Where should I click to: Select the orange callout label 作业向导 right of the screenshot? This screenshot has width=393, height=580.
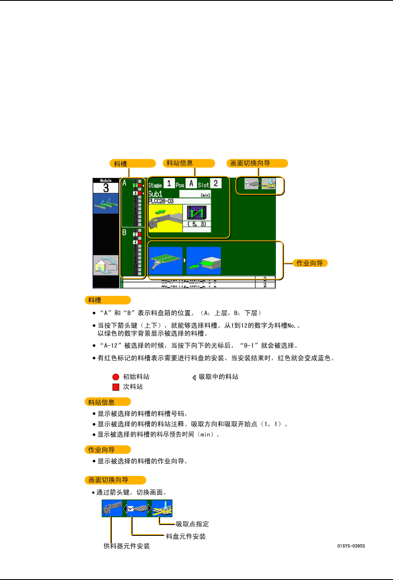click(310, 263)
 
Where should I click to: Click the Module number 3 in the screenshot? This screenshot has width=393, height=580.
click(106, 188)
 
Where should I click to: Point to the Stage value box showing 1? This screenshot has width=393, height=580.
click(169, 183)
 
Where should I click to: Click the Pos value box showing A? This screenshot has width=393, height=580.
click(191, 183)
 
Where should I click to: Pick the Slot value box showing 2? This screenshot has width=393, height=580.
click(215, 183)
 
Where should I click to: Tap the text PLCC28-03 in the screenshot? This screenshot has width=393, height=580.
click(161, 201)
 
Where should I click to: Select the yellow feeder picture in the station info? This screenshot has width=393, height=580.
click(165, 218)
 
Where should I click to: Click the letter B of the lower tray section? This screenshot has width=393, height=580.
click(124, 232)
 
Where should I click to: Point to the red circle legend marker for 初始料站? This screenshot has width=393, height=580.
click(116, 377)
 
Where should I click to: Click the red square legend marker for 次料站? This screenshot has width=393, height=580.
click(116, 387)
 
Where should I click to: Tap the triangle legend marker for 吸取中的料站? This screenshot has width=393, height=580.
click(194, 377)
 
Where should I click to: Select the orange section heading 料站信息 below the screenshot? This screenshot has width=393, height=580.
click(102, 402)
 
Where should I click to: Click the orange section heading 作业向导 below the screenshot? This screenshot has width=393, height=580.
click(102, 449)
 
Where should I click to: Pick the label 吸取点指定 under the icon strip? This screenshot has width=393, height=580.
click(192, 524)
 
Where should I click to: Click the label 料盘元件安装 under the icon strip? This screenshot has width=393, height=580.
click(185, 536)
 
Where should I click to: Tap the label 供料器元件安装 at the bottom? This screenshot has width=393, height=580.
click(127, 546)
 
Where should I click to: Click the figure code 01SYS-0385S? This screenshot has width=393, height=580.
click(351, 546)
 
